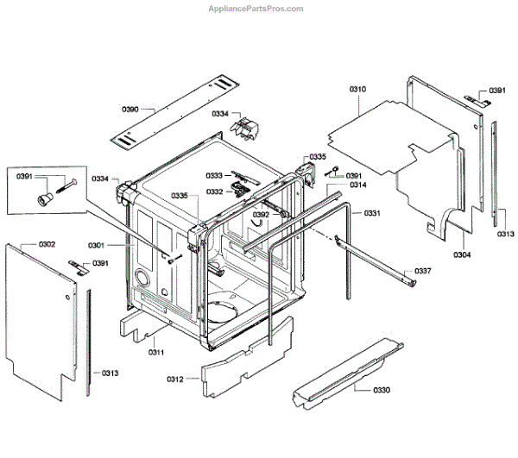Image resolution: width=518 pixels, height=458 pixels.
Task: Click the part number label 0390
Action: pyautogui.click(x=130, y=109)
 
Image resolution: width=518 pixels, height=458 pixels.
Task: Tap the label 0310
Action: pyautogui.click(x=357, y=90)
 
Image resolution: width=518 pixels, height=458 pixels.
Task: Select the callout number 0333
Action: pyautogui.click(x=215, y=176)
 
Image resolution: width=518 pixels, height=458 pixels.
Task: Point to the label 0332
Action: pyautogui.click(x=215, y=191)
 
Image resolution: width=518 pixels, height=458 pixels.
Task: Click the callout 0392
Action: pyautogui.click(x=261, y=214)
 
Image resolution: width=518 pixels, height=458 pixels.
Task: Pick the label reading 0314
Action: pyautogui.click(x=357, y=185)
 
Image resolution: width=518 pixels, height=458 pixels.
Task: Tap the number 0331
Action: pyautogui.click(x=371, y=213)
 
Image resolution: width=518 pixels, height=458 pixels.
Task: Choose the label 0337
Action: pyautogui.click(x=422, y=271)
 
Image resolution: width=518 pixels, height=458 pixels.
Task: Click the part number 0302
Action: pyautogui.click(x=47, y=245)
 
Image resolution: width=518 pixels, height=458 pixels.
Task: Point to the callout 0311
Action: pyautogui.click(x=156, y=352)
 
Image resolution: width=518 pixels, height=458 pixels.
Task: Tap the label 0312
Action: pyautogui.click(x=175, y=379)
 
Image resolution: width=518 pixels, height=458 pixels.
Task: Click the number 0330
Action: pyautogui.click(x=382, y=391)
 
